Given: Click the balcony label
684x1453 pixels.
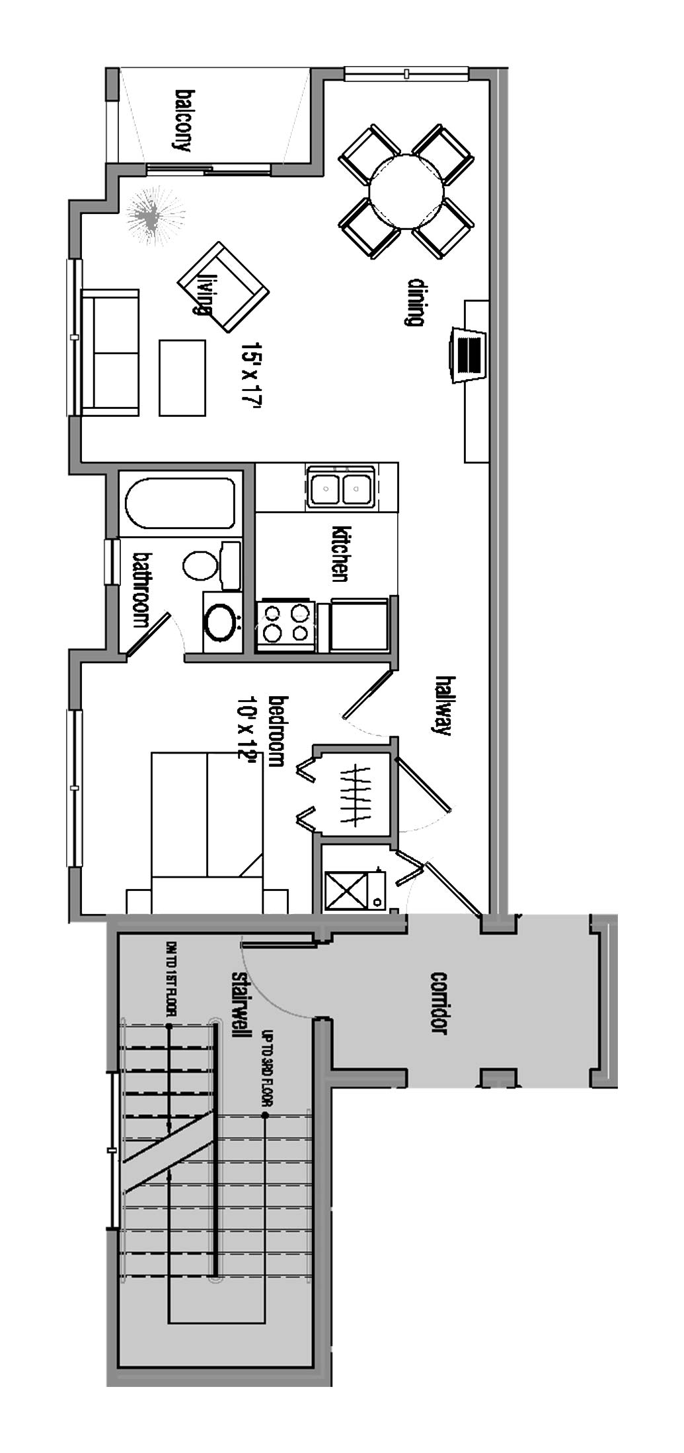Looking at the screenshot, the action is pos(182,120).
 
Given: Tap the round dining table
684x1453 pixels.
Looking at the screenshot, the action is pos(406,191).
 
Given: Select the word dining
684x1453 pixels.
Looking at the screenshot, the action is pos(414,302).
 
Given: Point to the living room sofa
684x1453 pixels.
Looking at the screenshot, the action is pos(110,352).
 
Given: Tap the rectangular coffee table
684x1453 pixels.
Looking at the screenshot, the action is pos(182,378).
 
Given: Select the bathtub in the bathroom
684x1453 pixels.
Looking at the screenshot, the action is pos(180,503).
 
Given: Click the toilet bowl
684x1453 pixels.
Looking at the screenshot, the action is pos(199,566).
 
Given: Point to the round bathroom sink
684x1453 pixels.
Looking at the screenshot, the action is pos(221,622).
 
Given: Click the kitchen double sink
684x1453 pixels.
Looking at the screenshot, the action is pos(340,487).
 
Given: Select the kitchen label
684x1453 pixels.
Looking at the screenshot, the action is pos(340,553).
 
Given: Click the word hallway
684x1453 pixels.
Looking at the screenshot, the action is pos(443,706).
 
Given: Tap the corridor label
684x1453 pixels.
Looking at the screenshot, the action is pos(439,1003).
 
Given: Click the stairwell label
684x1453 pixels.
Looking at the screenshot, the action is pos(239,1005).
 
